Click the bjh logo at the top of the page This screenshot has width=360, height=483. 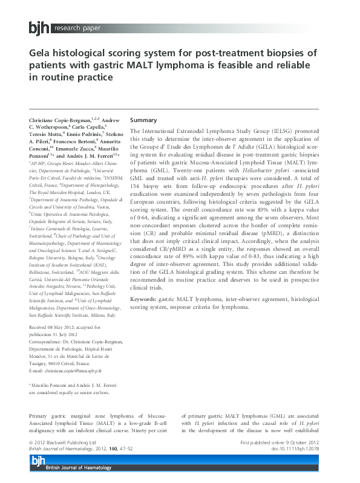pos(39,28)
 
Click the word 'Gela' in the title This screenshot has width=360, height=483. pos(42,53)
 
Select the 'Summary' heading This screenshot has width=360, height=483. pos(143,120)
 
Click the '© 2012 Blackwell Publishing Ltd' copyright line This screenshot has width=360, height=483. pos(62,443)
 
